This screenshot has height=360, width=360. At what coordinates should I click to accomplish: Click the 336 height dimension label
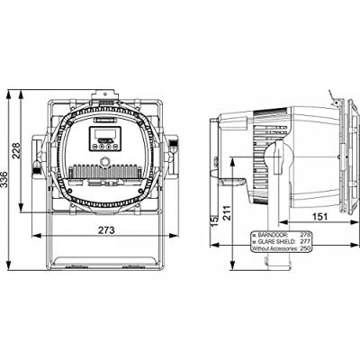pos(7,182)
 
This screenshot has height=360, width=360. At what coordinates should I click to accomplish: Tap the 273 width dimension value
pos(106,231)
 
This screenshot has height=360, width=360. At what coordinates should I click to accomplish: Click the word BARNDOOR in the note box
pos(274,233)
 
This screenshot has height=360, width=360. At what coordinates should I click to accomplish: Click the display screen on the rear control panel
pos(101,136)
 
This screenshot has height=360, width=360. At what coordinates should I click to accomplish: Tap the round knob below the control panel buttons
pos(104,160)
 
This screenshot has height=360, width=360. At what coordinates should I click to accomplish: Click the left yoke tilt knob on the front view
pos(38,147)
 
